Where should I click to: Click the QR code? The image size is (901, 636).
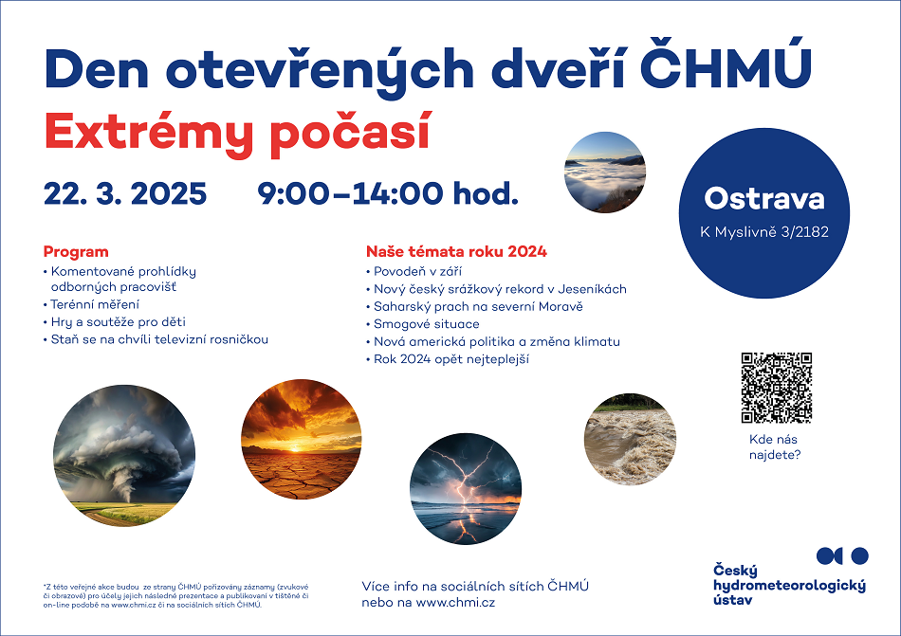click(777, 388)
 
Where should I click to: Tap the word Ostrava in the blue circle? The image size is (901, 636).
click(764, 199)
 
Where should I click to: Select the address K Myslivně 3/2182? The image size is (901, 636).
click(764, 232)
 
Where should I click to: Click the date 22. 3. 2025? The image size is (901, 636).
click(125, 193)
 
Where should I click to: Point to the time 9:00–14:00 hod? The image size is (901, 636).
click(388, 193)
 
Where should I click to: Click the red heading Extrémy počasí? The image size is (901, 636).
click(237, 133)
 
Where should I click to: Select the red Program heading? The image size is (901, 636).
click(76, 251)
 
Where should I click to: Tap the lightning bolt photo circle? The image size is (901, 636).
click(466, 488)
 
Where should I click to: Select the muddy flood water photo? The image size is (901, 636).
click(630, 439)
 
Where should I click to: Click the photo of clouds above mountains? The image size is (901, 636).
click(605, 173)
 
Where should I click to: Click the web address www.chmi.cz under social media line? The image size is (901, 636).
click(455, 602)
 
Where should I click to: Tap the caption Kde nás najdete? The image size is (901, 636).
click(775, 447)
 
